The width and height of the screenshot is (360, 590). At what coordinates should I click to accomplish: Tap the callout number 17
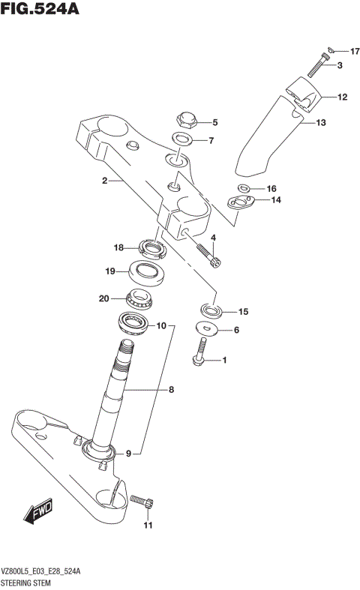point(355,51)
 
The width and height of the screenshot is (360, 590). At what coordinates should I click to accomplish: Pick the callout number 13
point(320,122)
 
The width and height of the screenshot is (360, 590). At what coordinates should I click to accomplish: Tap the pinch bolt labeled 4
point(208,253)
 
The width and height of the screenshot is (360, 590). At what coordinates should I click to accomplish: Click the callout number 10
point(161,326)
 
